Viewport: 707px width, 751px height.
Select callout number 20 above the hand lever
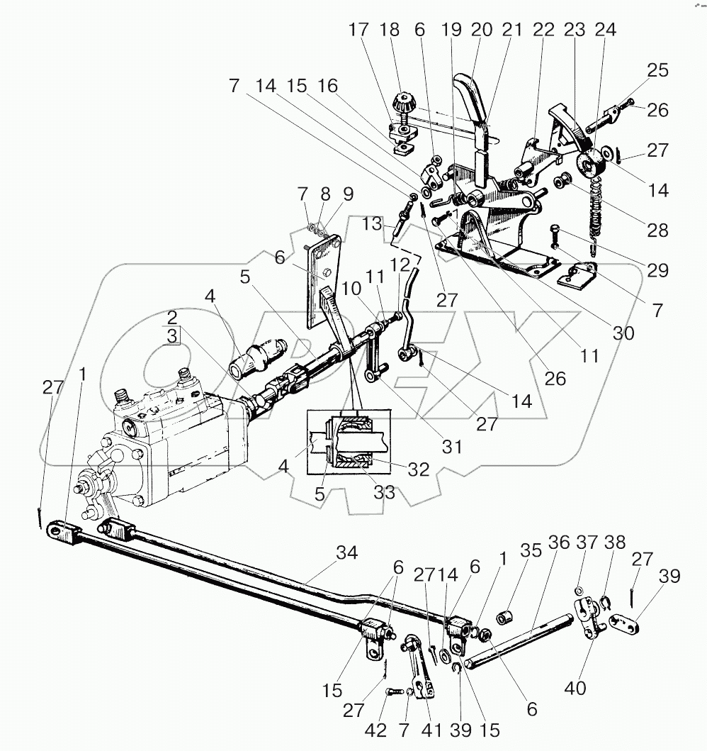click(482, 30)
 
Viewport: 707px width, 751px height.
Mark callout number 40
click(577, 687)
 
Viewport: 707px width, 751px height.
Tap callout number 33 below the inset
click(385, 491)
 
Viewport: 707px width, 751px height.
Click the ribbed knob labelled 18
click(407, 102)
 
